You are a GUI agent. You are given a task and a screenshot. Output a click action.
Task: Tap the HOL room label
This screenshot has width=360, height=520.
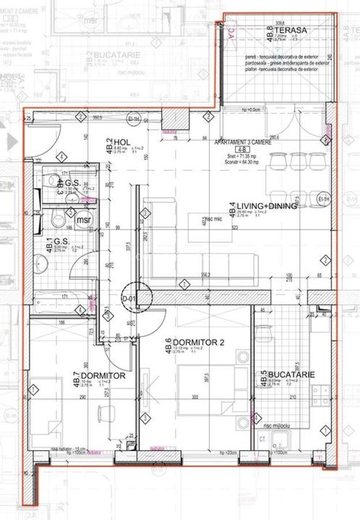(121, 142)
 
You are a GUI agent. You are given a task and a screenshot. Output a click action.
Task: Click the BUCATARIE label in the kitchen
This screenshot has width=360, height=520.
(292, 375)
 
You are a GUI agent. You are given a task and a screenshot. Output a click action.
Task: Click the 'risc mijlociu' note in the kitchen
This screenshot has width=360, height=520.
(276, 425)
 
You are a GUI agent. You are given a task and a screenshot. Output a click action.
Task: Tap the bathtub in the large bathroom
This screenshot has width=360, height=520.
(62, 302)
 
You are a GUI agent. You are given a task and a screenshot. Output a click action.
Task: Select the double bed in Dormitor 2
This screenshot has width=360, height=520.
(206, 388)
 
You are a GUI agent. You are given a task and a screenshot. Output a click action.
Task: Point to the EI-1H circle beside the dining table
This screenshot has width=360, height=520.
(325, 200)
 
